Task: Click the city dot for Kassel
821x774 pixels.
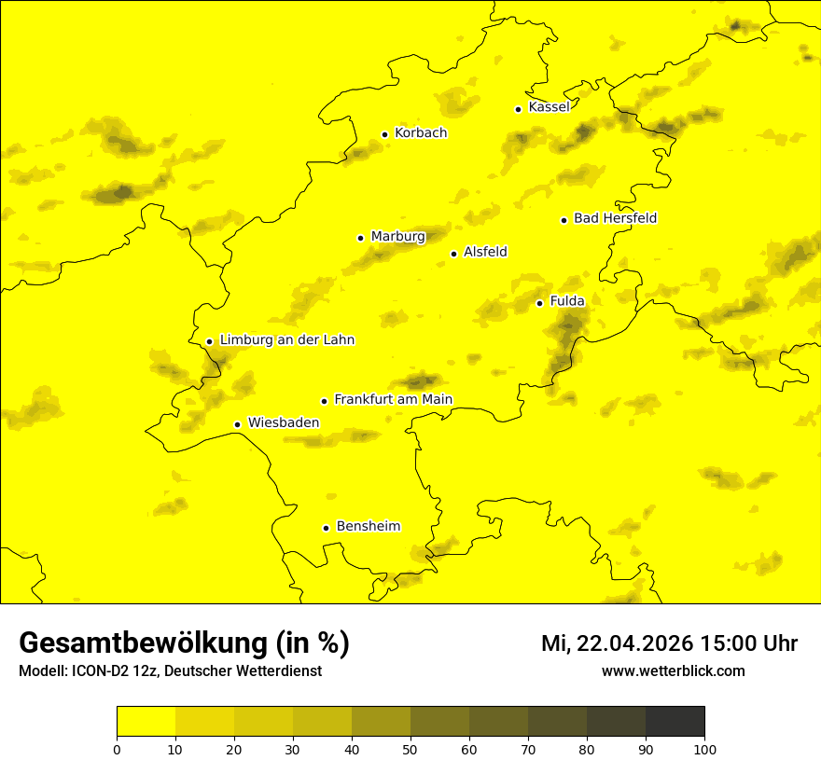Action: pyautogui.click(x=518, y=109)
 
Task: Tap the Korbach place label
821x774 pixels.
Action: pyautogui.click(x=421, y=132)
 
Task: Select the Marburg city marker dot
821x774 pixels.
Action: pyautogui.click(x=360, y=238)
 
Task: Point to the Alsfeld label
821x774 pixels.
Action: pyautogui.click(x=485, y=252)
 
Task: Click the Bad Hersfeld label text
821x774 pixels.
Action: pyautogui.click(x=615, y=218)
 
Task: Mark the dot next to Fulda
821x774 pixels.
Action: pyautogui.click(x=539, y=303)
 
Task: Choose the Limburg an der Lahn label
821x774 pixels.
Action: pyautogui.click(x=287, y=340)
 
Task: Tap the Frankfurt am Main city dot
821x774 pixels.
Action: pyautogui.click(x=324, y=401)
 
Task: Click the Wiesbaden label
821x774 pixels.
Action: pyautogui.click(x=284, y=422)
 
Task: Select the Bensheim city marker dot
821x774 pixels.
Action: pyautogui.click(x=326, y=528)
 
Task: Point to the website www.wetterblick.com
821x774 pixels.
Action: pyautogui.click(x=674, y=670)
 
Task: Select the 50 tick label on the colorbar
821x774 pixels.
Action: pyautogui.click(x=410, y=749)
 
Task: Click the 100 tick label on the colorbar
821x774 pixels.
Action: pyautogui.click(x=704, y=749)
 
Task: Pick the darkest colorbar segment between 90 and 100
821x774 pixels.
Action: pyautogui.click(x=675, y=722)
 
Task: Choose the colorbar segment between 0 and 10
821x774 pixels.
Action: pyautogui.click(x=146, y=722)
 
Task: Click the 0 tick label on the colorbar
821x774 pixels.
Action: pyautogui.click(x=117, y=749)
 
